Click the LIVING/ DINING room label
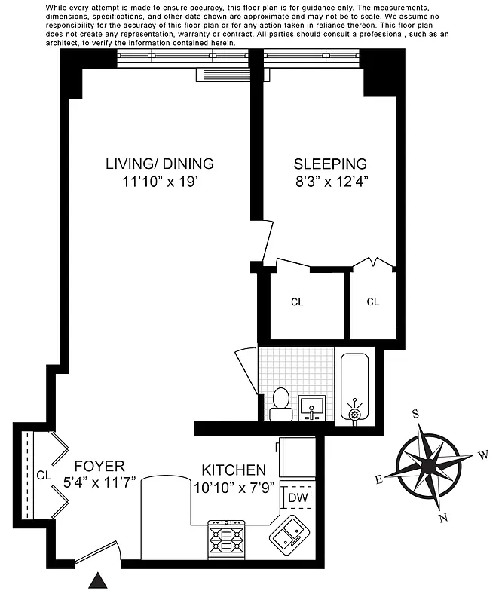pos(159,164)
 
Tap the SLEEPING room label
pos(330,164)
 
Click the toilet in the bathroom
pos(280,404)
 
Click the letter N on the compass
pos(443,518)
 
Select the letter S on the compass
pos(415,413)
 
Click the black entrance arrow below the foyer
pos(97,580)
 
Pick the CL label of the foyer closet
pos(43,475)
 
